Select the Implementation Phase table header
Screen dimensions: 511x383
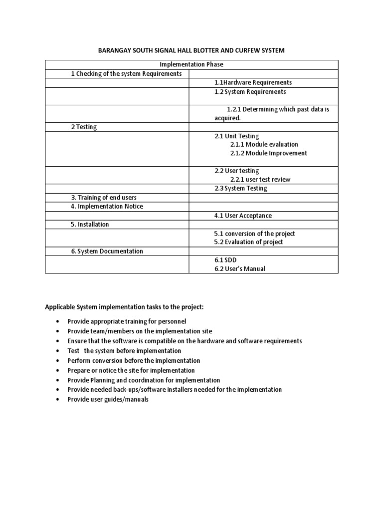[x=191, y=64]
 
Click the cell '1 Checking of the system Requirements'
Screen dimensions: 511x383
[x=127, y=74]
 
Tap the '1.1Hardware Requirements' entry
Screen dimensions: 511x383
[x=253, y=82]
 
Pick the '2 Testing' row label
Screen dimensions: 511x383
[x=84, y=127]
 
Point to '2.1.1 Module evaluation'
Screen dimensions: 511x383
[x=264, y=145]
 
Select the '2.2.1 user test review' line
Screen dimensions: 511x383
[x=260, y=180]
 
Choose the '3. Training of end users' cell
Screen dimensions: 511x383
[x=103, y=198]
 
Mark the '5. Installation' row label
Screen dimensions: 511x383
[x=90, y=225]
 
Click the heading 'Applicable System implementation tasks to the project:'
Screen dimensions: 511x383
[x=125, y=307]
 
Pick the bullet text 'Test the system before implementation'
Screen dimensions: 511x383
[x=124, y=351]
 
